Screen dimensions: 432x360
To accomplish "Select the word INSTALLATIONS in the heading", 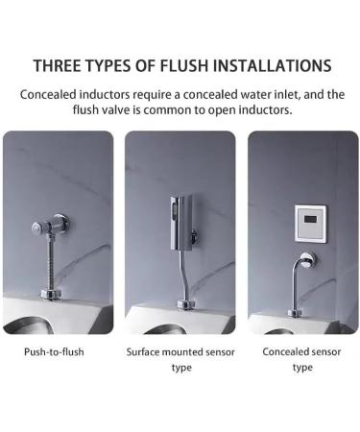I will [272, 66].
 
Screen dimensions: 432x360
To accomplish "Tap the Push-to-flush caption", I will [54, 351].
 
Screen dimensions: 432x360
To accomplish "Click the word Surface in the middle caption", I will [146, 351].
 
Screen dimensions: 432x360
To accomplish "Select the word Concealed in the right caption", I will [288, 351].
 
